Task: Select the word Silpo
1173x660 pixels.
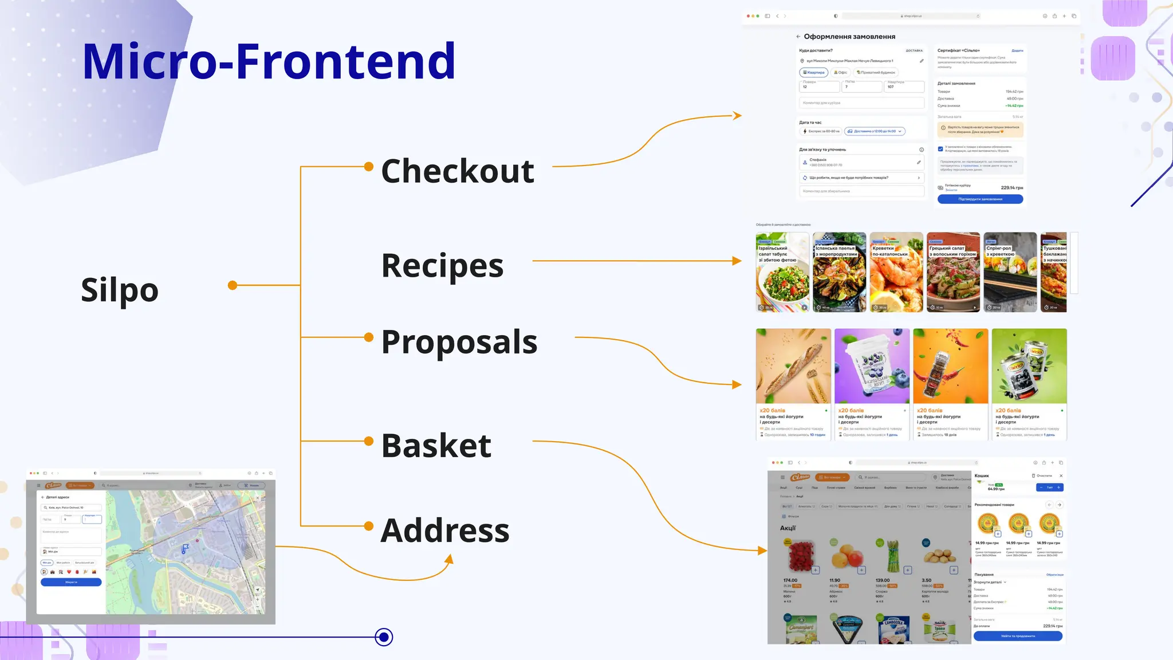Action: [120, 290]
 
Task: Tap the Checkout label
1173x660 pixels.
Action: [458, 171]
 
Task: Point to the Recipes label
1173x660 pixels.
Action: [442, 266]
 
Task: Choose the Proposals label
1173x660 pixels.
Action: [459, 342]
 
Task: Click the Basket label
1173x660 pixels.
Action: [436, 446]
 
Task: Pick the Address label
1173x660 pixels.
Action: [445, 531]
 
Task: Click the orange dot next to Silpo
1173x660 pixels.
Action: [233, 285]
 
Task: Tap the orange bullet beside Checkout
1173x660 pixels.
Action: [369, 167]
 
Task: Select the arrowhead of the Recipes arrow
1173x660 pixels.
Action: [737, 261]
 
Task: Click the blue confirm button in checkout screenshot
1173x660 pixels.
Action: [980, 199]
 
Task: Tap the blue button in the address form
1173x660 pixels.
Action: [71, 582]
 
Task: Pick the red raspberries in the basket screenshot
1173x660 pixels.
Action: [800, 556]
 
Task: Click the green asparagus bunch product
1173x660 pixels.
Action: [892, 556]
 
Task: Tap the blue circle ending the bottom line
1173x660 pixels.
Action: [384, 637]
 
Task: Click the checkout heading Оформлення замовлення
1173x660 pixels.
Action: [849, 37]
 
